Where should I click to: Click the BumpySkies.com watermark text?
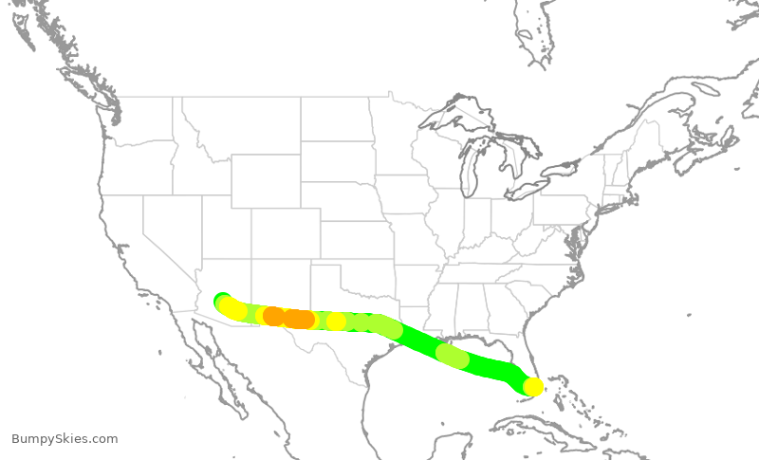65,439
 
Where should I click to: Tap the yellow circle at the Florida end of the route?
534,386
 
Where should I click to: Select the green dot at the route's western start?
222,300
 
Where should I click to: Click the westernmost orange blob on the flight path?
273,316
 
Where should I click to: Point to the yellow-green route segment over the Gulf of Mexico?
453,356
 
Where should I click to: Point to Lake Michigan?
468,171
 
